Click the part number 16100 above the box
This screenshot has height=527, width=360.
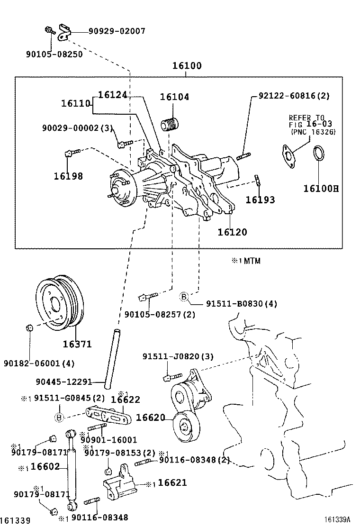186,66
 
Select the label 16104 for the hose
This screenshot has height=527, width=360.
174,97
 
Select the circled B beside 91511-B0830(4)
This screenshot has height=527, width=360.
184,297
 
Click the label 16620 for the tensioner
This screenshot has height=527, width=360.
150,418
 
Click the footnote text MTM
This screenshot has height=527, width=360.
252,261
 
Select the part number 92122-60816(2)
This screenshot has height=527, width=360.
293,96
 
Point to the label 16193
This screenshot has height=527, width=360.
260,200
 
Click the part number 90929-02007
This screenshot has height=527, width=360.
117,31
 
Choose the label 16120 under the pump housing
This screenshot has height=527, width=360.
232,232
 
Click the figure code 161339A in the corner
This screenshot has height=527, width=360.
340,520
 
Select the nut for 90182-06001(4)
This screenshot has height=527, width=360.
28,327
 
